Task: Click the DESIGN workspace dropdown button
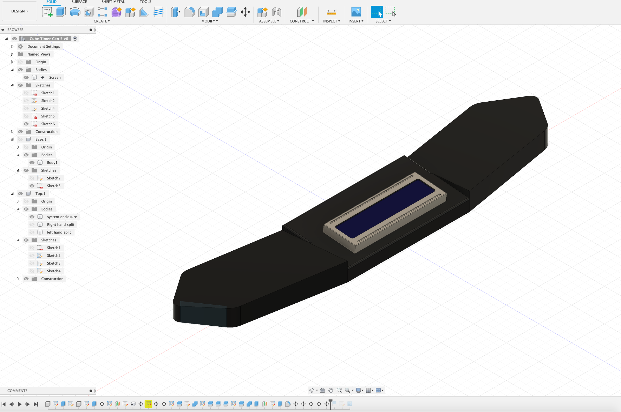tap(19, 11)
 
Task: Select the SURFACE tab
tap(79, 2)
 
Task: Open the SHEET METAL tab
tap(113, 2)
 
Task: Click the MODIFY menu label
tap(209, 21)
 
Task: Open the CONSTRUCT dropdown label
tap(302, 21)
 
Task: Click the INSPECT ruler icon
tap(331, 12)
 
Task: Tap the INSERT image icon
tap(356, 12)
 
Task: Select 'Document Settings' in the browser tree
tap(44, 47)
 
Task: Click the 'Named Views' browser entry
tap(39, 54)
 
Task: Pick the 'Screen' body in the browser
tap(55, 78)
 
